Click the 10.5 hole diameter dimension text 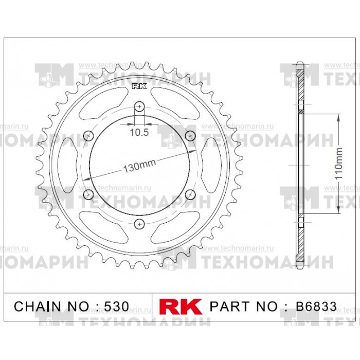139,132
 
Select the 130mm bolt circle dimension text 139,165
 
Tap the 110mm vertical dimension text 338,164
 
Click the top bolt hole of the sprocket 139,106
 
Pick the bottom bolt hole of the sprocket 139,224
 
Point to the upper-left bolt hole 88,136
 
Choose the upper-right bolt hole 190,136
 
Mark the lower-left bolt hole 88,194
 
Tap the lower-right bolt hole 190,194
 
